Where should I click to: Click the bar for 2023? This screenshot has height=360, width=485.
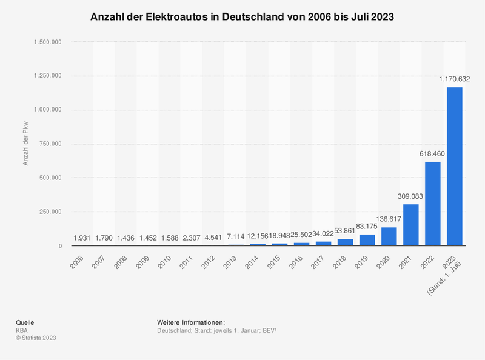(x=454, y=167)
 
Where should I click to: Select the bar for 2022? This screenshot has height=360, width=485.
(x=432, y=204)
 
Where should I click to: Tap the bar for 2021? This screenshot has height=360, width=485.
(x=410, y=225)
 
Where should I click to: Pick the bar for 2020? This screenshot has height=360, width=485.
(x=389, y=236)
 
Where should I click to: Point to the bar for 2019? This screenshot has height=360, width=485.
(x=367, y=240)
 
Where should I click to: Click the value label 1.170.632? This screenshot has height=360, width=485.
(x=454, y=78)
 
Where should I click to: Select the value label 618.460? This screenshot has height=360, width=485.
(x=432, y=154)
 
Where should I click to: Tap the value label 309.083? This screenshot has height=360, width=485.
(x=410, y=196)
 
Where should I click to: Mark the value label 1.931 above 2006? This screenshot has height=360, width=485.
(x=82, y=238)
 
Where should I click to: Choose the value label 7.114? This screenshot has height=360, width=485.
(x=235, y=237)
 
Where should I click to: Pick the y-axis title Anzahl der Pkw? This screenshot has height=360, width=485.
(x=26, y=144)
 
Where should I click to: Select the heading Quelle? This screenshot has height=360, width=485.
(x=25, y=322)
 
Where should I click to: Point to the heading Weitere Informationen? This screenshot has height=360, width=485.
(x=190, y=322)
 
